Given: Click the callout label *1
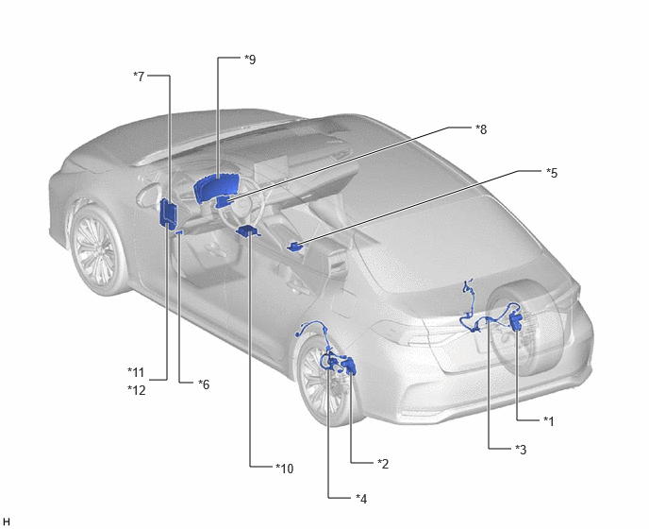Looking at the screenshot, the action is [548, 421].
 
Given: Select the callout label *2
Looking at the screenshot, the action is [383, 464].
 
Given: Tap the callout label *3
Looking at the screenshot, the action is [521, 450].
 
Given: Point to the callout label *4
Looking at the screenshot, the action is [361, 499].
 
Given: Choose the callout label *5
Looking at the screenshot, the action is [552, 173].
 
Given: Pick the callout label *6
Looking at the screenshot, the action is [204, 384].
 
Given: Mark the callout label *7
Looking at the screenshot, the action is [139, 77].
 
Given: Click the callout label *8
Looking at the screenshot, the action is [481, 129].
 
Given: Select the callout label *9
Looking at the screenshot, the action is [250, 60].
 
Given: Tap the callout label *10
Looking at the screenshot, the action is [284, 469].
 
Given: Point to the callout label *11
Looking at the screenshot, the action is [136, 372].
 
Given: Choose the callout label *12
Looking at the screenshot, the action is [137, 390].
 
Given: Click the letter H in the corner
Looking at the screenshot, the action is [7, 521].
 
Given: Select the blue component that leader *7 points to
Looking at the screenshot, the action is [168, 213].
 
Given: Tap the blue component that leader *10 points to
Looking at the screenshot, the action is [247, 230].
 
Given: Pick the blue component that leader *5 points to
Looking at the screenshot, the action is [294, 247].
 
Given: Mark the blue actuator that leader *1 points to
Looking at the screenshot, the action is [516, 320].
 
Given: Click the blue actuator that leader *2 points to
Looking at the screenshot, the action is [348, 365].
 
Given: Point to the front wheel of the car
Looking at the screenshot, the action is [98, 251].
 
